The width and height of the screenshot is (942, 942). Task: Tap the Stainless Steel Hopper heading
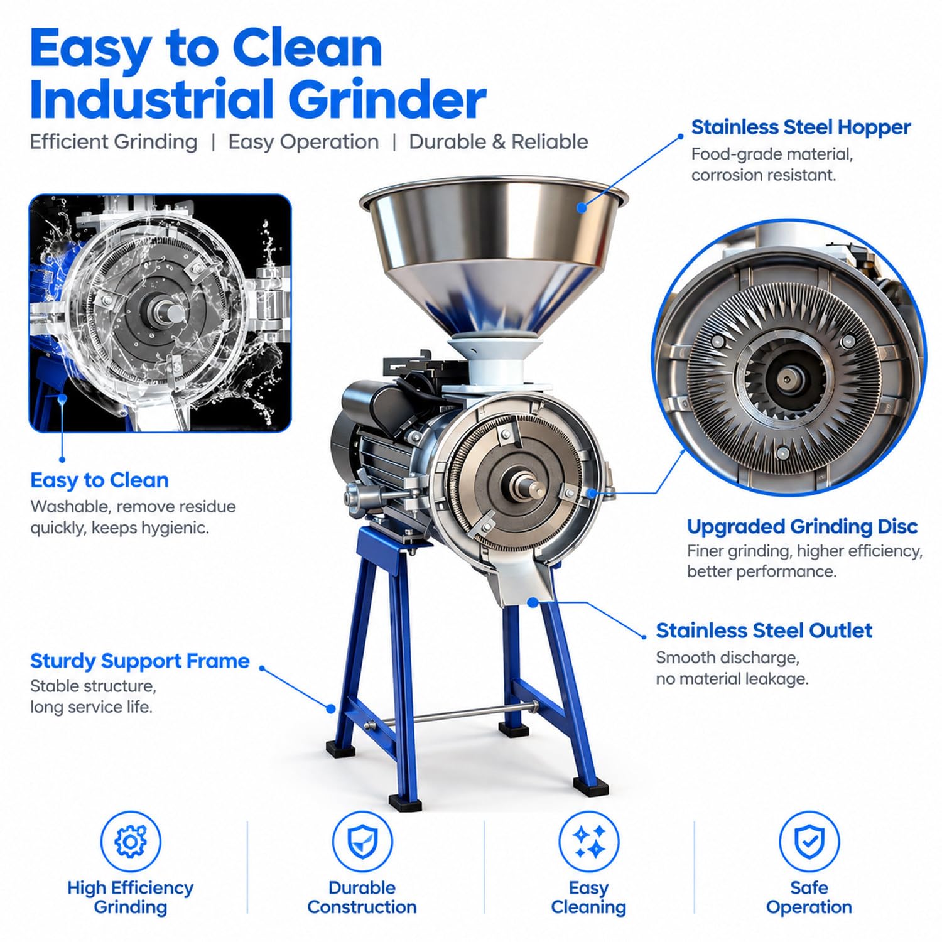point(801,127)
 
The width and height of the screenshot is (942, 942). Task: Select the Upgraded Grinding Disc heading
point(802,526)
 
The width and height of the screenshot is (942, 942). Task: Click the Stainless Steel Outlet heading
point(764,631)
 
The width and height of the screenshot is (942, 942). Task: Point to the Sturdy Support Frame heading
point(140,661)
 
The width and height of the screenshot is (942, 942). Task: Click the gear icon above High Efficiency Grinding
point(131,842)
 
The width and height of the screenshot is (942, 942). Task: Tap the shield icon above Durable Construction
point(362,842)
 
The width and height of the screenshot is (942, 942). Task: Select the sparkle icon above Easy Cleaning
point(589,842)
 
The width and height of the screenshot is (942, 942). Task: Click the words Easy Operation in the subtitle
point(303,142)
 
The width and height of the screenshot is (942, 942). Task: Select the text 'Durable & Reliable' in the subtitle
point(499,141)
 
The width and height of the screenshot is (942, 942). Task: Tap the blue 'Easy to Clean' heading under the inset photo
point(99,480)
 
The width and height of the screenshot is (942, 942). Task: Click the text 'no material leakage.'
point(732,679)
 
